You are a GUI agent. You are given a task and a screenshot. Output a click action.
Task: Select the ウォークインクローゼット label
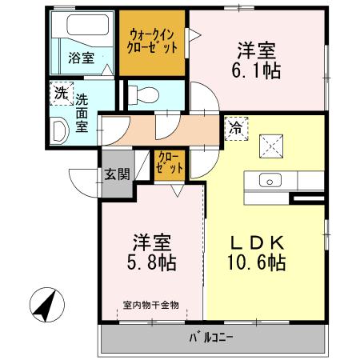152,41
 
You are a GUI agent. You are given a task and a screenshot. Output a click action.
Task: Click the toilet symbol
145,94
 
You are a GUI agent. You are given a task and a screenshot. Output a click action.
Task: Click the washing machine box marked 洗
60,94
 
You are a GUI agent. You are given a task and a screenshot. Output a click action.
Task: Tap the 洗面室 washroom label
82,112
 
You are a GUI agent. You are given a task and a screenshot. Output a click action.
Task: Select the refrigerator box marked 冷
236,126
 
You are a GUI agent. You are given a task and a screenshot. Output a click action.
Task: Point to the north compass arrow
46,304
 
